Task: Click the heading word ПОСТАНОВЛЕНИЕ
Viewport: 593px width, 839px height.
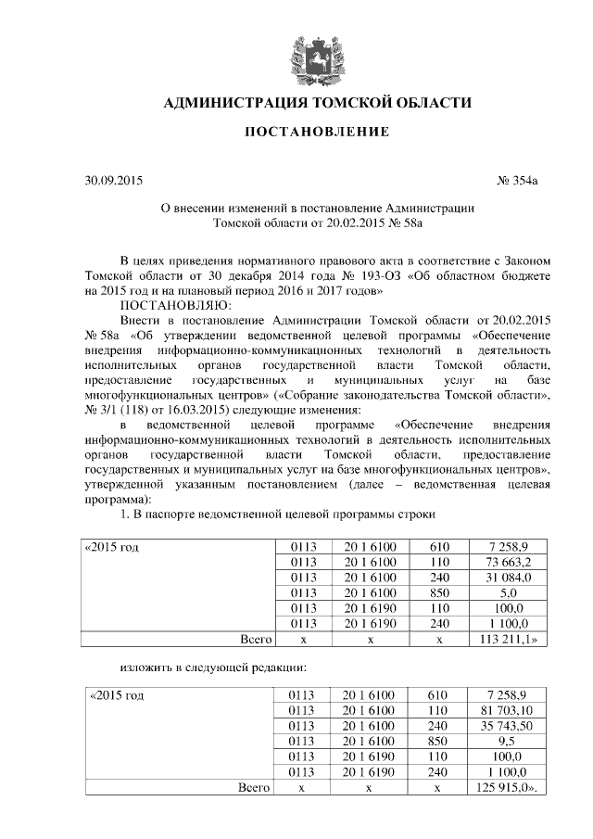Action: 317,133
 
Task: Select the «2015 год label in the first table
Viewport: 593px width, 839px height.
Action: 113,548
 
